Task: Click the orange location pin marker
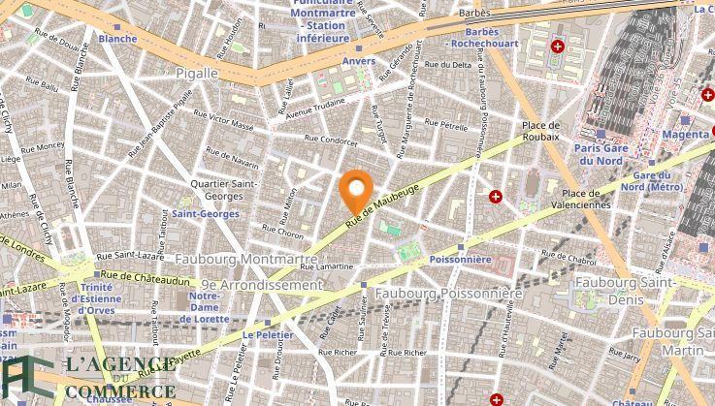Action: tap(357, 187)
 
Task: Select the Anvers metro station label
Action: tap(358, 61)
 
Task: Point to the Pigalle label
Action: tap(197, 73)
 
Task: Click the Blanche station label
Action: tap(117, 39)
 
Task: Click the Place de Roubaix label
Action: tap(540, 131)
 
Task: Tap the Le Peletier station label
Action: tap(262, 334)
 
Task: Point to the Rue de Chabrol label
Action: tap(566, 256)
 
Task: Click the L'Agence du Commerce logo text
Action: tap(107, 378)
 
